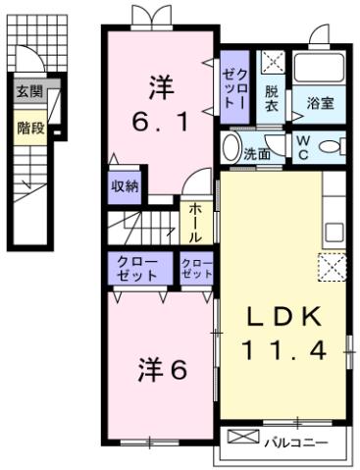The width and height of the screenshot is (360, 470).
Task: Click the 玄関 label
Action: tap(28, 92)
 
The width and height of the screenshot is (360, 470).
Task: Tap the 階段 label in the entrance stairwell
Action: tap(28, 128)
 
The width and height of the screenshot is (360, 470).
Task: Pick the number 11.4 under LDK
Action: tap(283, 348)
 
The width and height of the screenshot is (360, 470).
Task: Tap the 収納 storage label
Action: tap(124, 185)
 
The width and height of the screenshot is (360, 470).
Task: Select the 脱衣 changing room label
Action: tap(272, 100)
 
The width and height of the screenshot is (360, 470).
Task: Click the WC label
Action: tap(304, 148)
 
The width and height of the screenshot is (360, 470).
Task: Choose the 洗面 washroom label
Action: tap(258, 153)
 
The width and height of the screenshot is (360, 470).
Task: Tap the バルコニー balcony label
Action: tap(294, 441)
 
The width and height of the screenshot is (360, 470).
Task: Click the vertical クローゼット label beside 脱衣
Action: tap(234, 88)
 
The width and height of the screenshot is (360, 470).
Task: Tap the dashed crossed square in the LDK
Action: tap(332, 265)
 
